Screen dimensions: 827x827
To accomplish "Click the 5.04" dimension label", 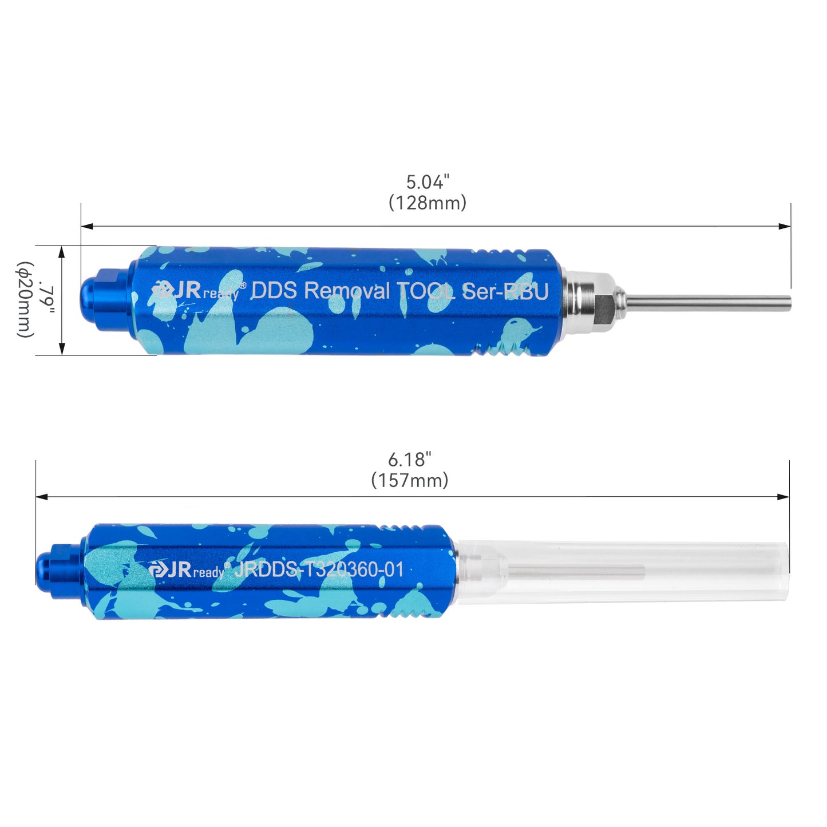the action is (428, 182).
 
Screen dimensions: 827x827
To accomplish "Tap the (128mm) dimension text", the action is (428, 203).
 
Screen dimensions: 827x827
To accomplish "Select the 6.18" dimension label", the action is (409, 460).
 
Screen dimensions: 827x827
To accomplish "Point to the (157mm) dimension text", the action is (409, 480).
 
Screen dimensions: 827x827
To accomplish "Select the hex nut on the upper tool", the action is (605, 301).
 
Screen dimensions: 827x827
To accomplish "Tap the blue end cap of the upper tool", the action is (106, 299).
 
